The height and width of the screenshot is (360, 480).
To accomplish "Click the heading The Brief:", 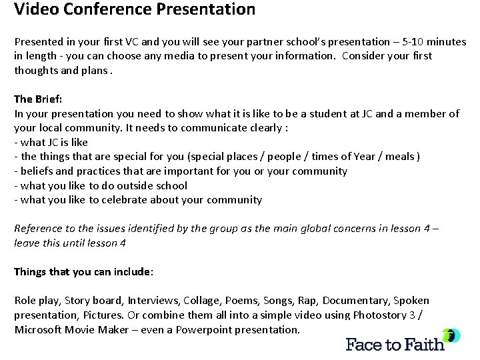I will [x=38, y=99].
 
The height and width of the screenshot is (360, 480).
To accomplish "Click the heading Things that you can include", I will [x=83, y=272].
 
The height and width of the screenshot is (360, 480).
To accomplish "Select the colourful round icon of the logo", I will [x=451, y=335].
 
